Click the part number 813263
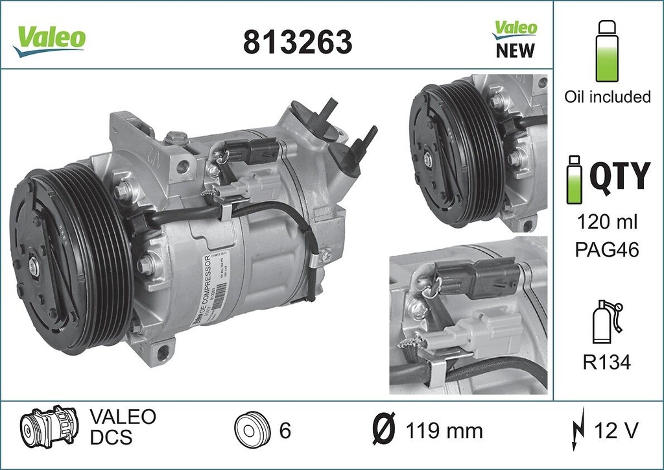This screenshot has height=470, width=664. [x=298, y=42]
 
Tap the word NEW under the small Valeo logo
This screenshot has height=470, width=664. [x=516, y=50]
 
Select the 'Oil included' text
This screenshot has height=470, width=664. [x=607, y=97]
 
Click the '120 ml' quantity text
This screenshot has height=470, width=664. [x=607, y=222]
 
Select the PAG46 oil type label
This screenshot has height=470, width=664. [x=607, y=250]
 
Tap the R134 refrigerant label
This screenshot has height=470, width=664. [x=607, y=362]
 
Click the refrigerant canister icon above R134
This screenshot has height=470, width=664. [x=604, y=323]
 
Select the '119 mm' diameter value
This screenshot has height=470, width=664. [x=444, y=430]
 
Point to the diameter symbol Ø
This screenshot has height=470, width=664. [x=385, y=430]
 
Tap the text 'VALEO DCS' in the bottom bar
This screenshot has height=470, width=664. [x=122, y=427]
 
